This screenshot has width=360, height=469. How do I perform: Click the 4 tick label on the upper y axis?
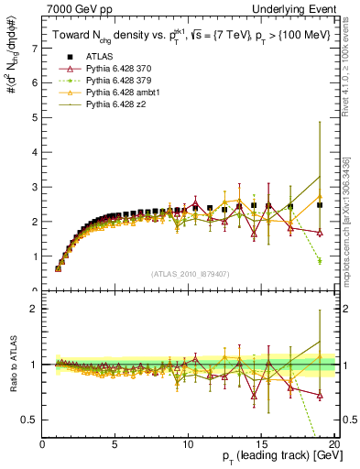(x=34, y=152)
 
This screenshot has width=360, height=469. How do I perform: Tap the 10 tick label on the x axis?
(x=188, y=444)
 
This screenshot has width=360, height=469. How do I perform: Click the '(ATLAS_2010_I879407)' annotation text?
(x=189, y=274)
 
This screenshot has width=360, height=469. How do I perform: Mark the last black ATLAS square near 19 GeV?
(x=320, y=205)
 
